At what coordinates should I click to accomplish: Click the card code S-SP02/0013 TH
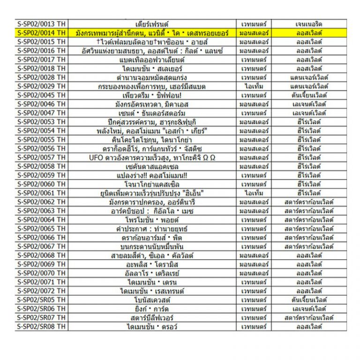41,24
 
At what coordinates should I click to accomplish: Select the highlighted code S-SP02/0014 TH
41,33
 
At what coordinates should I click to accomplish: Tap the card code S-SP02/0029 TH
41,86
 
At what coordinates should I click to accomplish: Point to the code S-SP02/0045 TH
41,95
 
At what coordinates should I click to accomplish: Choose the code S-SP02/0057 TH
41,157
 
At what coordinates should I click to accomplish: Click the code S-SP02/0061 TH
41,193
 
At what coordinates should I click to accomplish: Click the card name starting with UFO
152,157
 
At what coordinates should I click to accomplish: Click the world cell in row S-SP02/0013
309,24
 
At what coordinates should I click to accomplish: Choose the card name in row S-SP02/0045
152,95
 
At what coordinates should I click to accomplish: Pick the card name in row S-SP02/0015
152,42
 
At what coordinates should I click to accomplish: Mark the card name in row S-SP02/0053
152,122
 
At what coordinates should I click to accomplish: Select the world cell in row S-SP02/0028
309,77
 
